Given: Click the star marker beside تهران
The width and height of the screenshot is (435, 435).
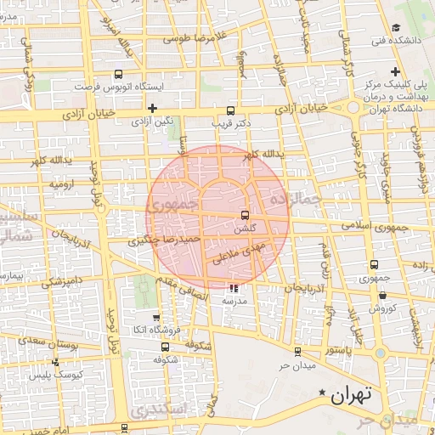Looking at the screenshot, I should click(322, 393).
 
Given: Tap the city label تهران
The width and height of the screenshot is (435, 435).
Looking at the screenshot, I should click(353, 395).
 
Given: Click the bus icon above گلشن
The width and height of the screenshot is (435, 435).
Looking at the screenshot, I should click(245, 215).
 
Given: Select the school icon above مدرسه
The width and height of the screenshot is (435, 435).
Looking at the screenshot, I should click(234, 289).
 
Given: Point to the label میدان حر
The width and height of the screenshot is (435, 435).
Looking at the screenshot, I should click(297, 365).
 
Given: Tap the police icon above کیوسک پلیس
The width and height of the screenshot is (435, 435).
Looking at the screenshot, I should click(56, 361).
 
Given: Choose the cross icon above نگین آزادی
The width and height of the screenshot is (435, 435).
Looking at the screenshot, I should click(152, 108).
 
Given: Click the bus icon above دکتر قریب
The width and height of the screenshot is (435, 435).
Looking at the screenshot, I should click(230, 110).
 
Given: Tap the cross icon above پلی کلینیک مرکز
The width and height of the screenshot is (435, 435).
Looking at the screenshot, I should click(396, 72).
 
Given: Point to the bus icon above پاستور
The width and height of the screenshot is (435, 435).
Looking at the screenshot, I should click(297, 351).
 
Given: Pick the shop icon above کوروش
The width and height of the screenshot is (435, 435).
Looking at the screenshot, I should click(381, 295).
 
